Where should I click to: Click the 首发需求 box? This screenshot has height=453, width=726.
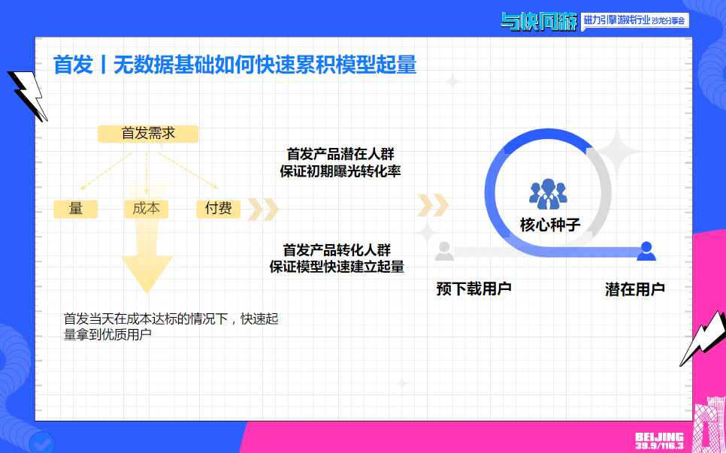coord(148,134)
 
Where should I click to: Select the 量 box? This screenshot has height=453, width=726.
coord(76,209)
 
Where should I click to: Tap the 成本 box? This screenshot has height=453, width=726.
coord(146,209)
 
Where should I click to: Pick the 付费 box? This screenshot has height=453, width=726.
coord(218,209)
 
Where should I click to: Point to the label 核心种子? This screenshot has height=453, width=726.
coord(550,225)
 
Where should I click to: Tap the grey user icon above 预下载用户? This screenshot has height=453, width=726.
coord(445,251)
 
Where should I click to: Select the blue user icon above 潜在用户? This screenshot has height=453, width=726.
coord(646,251)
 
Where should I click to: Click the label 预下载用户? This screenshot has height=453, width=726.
coord(473,288)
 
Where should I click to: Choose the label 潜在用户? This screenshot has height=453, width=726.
coord(635,288)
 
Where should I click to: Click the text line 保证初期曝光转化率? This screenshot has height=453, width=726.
coord(340,171)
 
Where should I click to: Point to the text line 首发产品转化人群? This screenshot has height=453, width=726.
coord(337,249)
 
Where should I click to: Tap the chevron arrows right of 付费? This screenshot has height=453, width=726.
coord(263,210)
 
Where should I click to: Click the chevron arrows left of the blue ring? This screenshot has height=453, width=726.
coord(434,204)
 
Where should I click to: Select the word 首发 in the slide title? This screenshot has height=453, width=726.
coord(73,65)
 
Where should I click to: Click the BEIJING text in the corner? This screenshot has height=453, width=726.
coord(658,436)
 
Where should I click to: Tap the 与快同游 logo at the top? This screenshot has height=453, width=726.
coord(539,21)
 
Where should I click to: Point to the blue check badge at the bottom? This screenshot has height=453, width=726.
coord(43,442)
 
